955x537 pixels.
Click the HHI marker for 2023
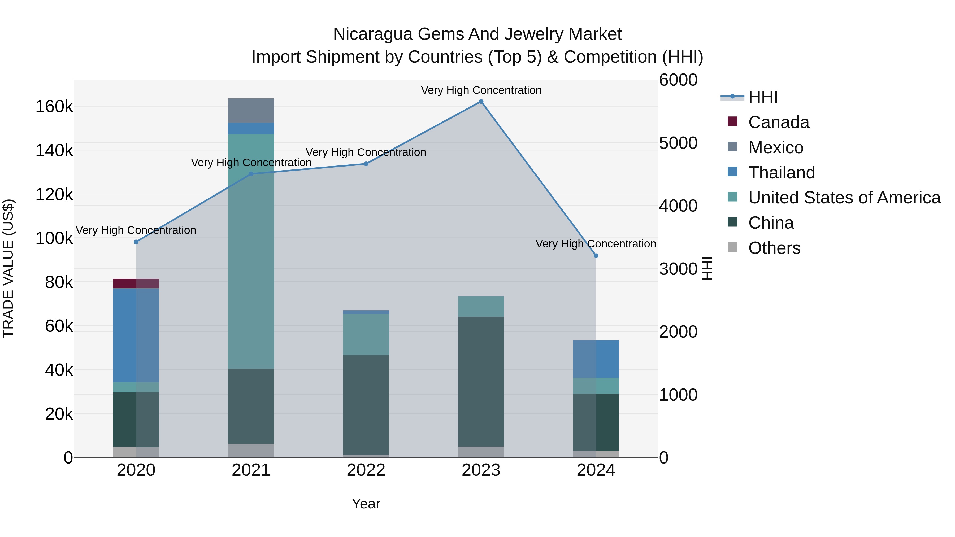[x=481, y=102]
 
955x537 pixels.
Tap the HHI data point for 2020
[x=136, y=242]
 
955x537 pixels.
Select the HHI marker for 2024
[x=596, y=256]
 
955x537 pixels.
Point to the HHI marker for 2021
[x=251, y=174]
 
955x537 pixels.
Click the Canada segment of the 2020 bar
[x=136, y=283]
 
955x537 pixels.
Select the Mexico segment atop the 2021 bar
[x=251, y=110]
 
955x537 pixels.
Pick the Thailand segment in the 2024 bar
[x=596, y=359]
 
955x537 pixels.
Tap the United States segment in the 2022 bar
[x=366, y=334]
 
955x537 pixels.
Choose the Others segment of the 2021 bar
[x=251, y=450]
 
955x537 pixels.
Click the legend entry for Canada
[x=779, y=122]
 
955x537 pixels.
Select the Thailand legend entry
[x=782, y=173]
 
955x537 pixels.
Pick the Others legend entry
[x=774, y=248]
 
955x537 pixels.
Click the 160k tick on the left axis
[x=54, y=107]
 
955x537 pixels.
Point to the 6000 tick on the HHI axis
[x=678, y=80]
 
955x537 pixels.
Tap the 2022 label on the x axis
[x=366, y=470]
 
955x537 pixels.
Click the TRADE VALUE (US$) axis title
[x=8, y=268]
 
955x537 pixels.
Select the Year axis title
[x=366, y=504]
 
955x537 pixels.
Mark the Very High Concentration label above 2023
[x=481, y=90]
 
